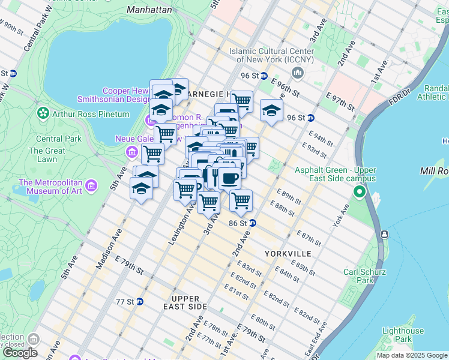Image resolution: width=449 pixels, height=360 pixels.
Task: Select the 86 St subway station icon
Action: click(253, 223)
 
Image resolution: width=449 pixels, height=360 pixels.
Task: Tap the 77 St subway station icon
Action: click(139, 301)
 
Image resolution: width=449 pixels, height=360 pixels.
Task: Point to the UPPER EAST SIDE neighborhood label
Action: click(189, 302)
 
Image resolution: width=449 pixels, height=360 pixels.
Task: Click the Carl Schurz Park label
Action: click(363, 276)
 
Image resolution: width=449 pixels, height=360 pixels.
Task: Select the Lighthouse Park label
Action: click(403, 335)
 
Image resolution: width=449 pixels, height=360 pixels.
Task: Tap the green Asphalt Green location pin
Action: click(360, 192)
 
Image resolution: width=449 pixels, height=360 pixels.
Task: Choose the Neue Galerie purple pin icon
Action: click(131, 154)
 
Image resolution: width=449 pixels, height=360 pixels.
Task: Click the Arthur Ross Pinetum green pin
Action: click(43, 113)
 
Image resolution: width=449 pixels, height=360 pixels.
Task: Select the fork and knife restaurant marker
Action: click(215, 175)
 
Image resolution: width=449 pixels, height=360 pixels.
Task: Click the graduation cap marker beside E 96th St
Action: click(271, 110)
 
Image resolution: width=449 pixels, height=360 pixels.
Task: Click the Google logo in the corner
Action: click(20, 353)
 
